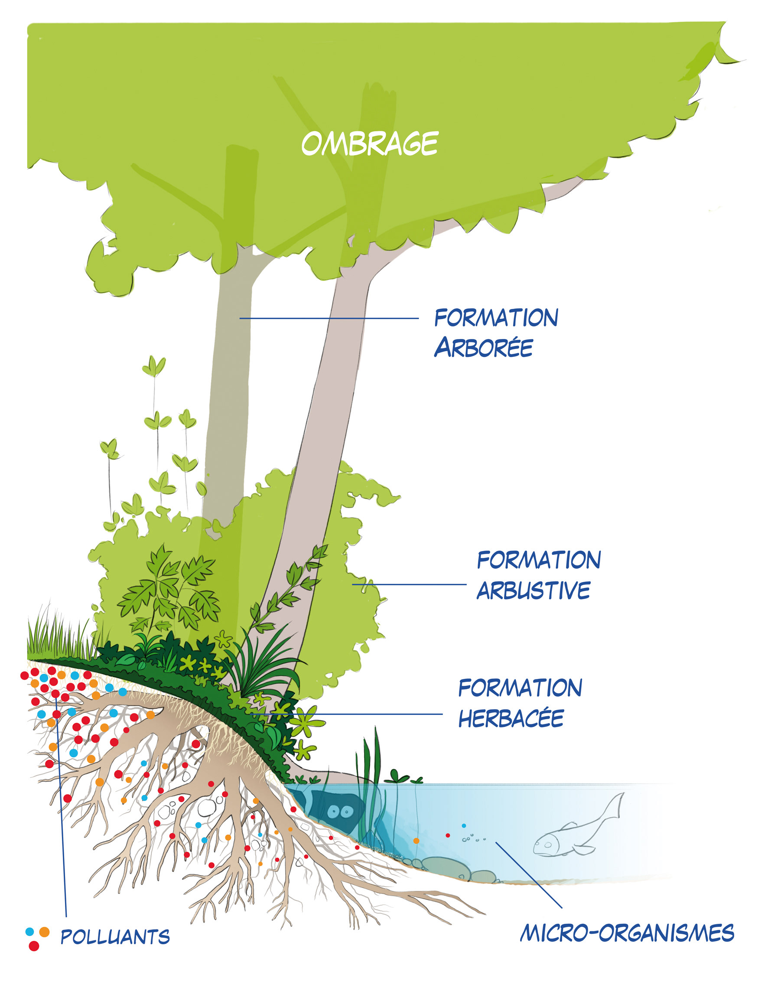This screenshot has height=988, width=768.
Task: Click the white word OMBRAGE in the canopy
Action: click(x=370, y=144)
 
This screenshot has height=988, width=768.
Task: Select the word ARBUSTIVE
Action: click(x=533, y=590)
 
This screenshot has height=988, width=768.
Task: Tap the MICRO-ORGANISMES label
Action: click(x=627, y=933)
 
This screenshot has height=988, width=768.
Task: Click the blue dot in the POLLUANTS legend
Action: click(x=30, y=932)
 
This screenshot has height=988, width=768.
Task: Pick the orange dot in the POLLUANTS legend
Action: click(x=44, y=932)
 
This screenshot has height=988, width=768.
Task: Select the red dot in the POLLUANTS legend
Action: click(x=34, y=946)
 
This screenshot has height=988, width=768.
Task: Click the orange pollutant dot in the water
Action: click(x=416, y=841)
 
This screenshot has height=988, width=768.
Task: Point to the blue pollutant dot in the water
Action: click(x=464, y=825)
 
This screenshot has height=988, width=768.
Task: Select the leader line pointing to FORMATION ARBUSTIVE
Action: click(x=409, y=584)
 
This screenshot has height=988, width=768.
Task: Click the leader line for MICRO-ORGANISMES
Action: click(x=529, y=875)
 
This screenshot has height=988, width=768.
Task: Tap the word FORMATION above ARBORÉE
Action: click(x=496, y=318)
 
